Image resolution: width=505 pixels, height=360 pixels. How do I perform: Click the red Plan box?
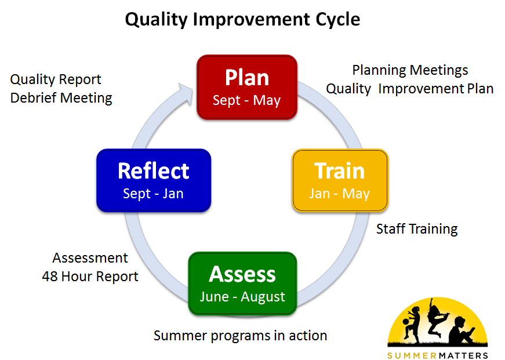(247, 87)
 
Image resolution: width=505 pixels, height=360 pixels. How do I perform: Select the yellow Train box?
(340, 180)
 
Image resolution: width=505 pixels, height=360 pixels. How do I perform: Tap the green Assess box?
(242, 283)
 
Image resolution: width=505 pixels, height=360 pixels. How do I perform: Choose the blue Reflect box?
(154, 180)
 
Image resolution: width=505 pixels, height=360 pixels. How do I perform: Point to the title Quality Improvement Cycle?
(242, 19)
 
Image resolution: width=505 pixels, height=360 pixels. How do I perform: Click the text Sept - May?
(247, 100)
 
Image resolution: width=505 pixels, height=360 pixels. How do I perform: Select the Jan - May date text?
(339, 194)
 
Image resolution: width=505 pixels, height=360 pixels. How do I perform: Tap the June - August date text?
(242, 297)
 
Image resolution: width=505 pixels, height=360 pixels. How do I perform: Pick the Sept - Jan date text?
(153, 194)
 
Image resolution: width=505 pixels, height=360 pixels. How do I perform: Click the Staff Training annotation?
(417, 229)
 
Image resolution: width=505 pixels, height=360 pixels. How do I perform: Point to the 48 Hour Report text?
(90, 277)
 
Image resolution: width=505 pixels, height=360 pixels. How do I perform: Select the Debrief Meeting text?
(61, 98)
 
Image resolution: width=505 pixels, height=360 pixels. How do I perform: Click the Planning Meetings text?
(410, 71)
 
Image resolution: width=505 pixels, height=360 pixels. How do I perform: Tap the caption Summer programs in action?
(240, 336)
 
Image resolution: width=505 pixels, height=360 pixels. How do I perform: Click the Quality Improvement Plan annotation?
(410, 89)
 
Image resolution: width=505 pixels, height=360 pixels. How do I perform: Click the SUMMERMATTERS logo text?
(438, 355)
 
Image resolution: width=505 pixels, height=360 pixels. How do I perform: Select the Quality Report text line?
(56, 80)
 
